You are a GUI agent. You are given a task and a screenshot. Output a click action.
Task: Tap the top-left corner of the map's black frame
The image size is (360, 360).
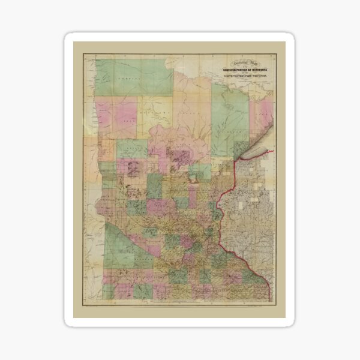pos(83,53)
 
